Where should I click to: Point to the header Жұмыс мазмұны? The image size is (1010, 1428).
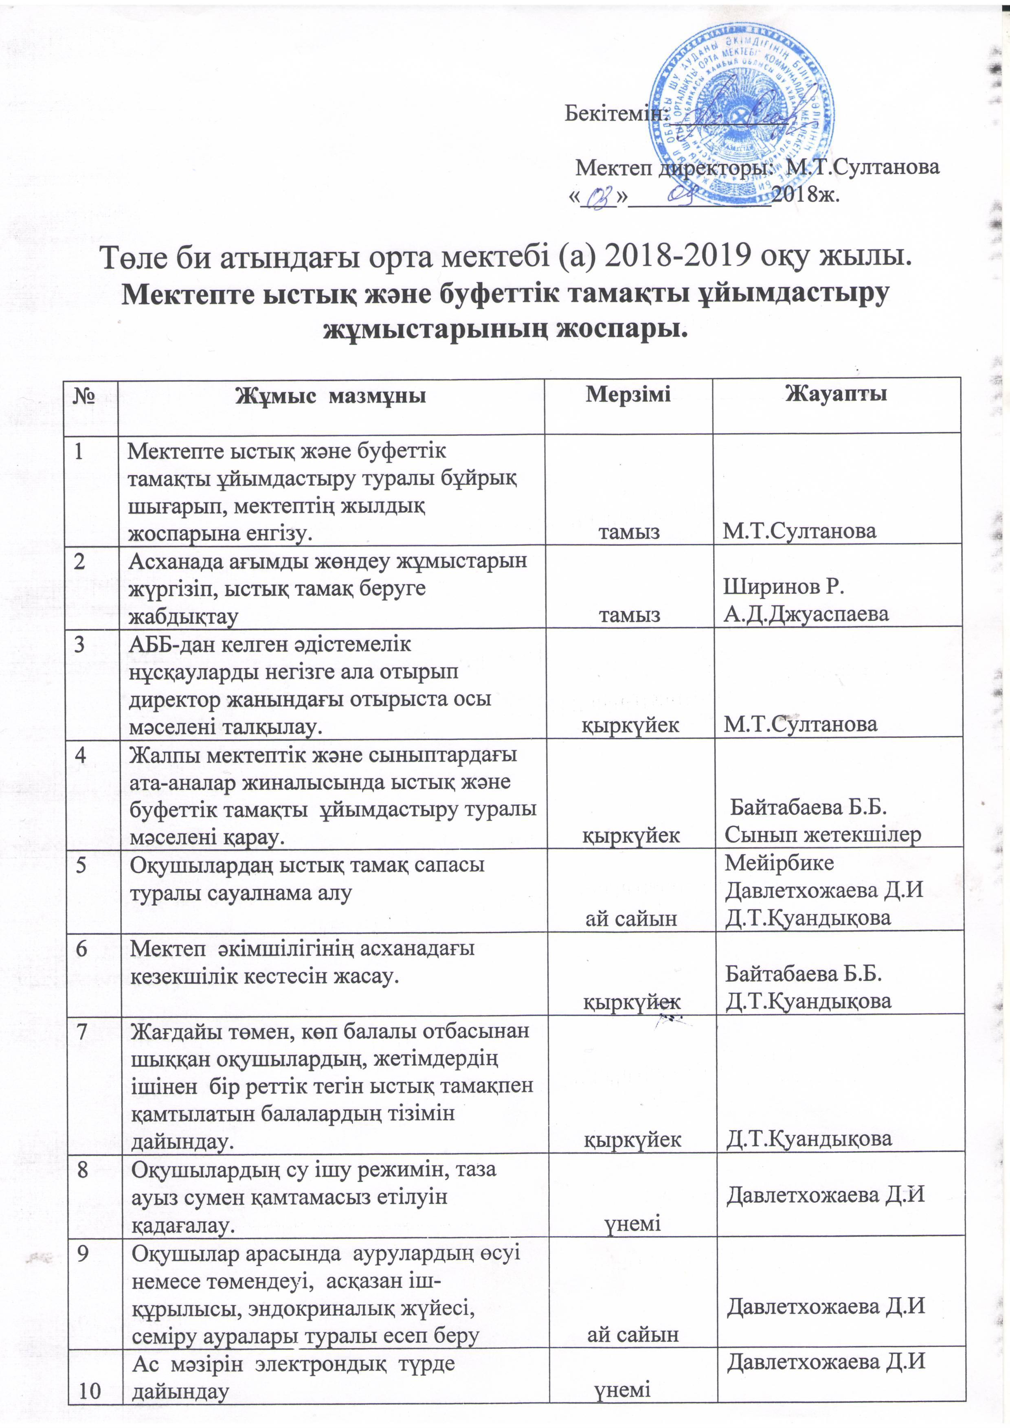330,395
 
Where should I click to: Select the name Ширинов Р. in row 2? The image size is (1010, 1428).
783,586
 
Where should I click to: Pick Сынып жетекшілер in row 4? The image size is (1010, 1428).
823,835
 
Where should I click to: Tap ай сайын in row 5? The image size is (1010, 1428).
631,919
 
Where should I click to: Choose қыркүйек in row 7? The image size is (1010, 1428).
632,1139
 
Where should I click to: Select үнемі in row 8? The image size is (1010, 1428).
632,1223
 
